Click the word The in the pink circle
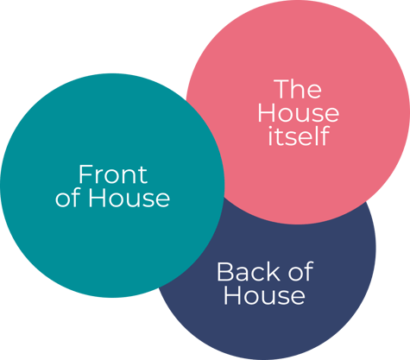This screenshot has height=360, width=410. tap(298, 89)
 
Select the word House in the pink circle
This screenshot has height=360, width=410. tap(299, 112)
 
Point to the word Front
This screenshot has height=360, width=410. tap(113, 174)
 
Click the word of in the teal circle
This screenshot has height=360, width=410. tap(67, 198)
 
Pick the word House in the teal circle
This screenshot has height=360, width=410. tap(129, 198)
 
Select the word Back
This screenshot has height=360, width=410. tap(248, 272)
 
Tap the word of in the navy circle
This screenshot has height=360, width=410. tap(301, 271)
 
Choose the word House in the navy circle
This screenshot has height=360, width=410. tap(264, 295)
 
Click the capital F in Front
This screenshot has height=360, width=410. tap(85, 174)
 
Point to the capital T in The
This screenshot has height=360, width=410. tap(281, 89)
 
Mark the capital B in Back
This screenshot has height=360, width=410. tap(224, 272)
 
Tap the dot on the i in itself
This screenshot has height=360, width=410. tap(270, 129)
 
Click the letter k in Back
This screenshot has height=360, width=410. tap(273, 271)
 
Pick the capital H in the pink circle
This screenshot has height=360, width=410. tap(266, 112)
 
